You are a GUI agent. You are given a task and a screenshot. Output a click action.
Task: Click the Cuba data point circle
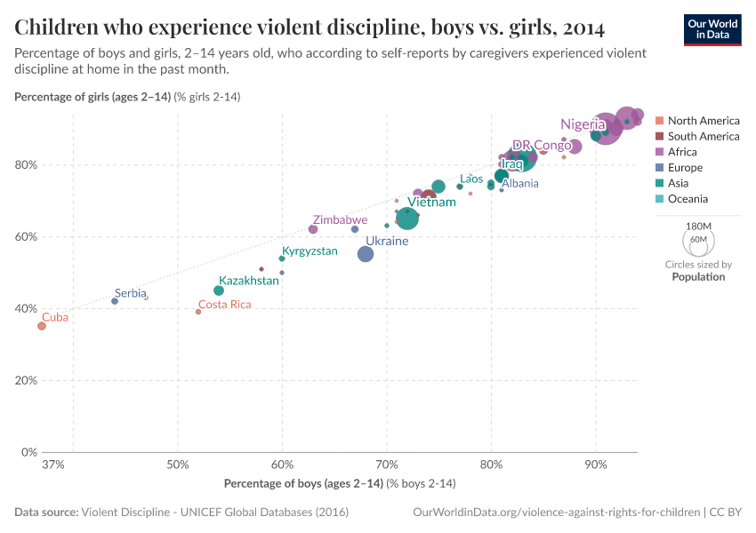coord(41,326)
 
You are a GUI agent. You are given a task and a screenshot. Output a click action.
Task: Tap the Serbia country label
coord(131,293)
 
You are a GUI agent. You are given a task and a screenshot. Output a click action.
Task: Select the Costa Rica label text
coord(224,305)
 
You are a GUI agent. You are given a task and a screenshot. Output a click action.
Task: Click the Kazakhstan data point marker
coord(219,290)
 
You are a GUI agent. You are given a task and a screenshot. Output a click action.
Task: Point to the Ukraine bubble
coord(366,254)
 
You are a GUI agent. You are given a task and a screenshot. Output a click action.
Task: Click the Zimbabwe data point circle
coord(313,229)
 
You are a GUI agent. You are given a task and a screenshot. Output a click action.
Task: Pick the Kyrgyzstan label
coord(310,251)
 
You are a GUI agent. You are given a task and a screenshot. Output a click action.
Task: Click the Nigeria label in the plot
coord(583,124)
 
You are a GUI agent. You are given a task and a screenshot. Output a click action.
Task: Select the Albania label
coord(519,184)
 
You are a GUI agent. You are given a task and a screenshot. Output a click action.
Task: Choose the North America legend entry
coord(703,121)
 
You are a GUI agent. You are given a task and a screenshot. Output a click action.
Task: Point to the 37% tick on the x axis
coord(52,465)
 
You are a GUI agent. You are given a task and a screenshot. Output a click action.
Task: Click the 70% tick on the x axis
coord(387,465)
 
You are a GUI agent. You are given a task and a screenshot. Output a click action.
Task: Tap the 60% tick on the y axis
coord(25,237)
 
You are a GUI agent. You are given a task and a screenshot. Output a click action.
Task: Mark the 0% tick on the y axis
coord(28,452)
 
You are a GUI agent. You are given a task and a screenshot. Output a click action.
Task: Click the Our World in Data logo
coord(712,28)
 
